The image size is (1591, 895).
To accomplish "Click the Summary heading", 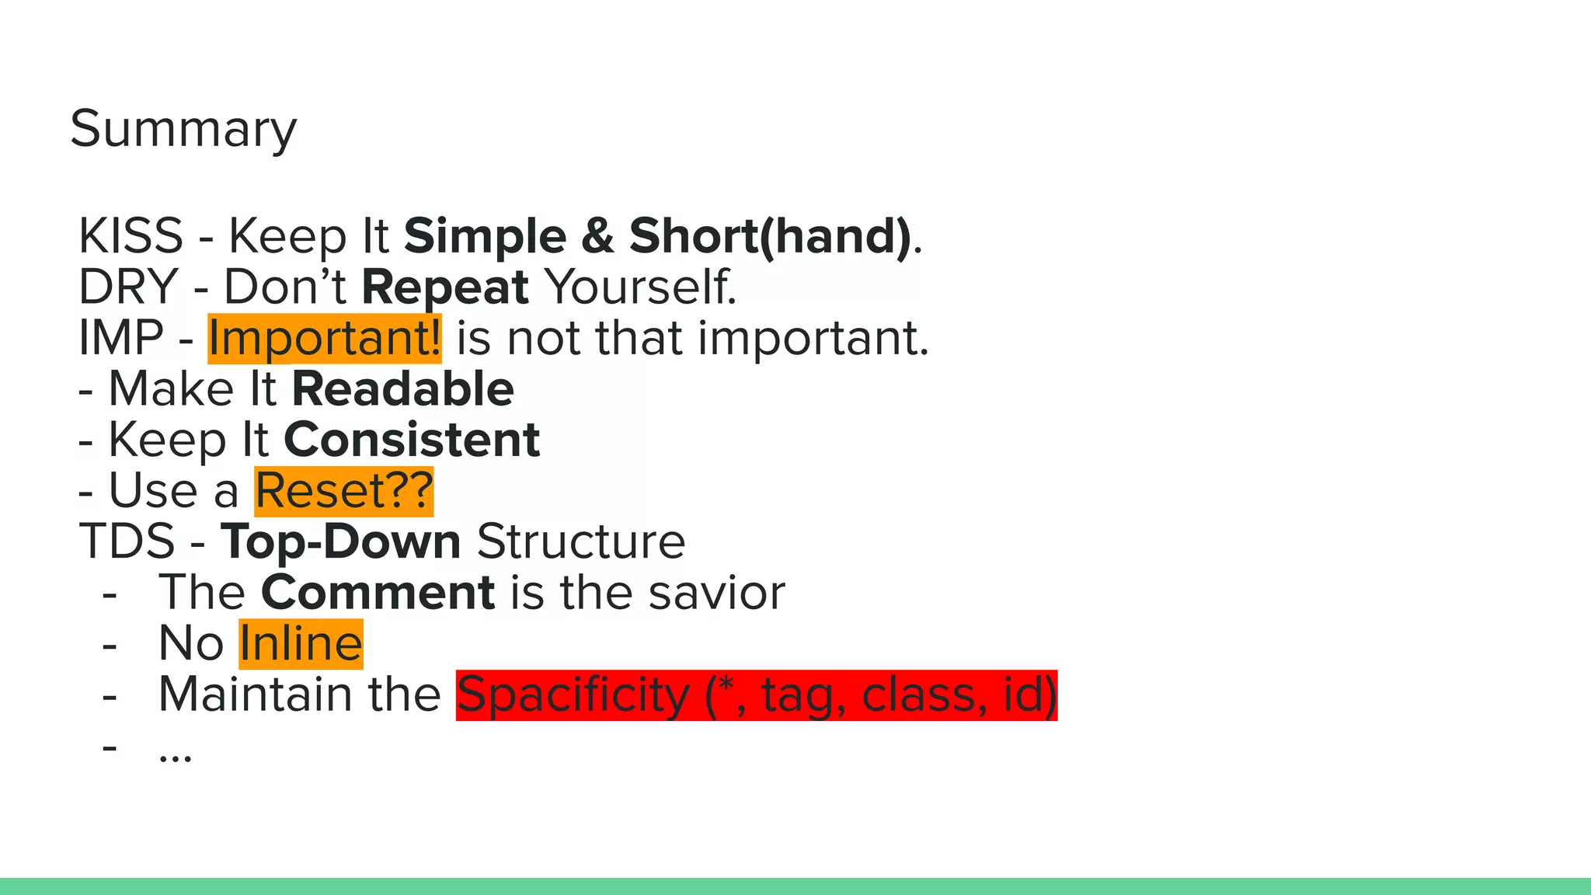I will (183, 129).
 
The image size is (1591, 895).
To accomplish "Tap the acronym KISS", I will (131, 235).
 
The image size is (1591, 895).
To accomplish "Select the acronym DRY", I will (128, 287).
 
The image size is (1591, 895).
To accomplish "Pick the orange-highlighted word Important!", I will (324, 339).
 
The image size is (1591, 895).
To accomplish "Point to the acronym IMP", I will (121, 338).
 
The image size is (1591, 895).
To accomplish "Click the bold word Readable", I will (402, 389).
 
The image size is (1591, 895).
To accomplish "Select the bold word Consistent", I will (412, 440).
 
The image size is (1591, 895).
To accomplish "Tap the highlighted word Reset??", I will (343, 491).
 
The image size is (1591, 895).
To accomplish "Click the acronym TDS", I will (127, 542).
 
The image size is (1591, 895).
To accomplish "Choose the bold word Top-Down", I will (340, 542).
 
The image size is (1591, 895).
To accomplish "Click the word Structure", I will (580, 542).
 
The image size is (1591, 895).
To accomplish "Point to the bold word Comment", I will (378, 593).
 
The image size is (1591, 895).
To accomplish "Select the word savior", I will (716, 593).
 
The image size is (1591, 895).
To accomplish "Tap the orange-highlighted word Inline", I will (301, 644).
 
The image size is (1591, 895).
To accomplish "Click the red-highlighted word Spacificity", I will (573, 695).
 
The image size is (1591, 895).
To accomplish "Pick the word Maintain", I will (255, 695).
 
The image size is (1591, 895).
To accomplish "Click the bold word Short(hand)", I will (769, 235).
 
